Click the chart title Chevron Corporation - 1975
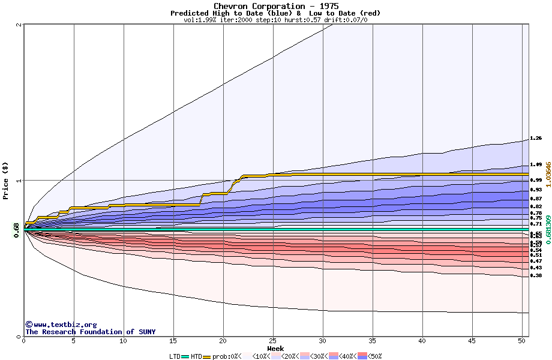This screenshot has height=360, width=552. (x=275, y=6)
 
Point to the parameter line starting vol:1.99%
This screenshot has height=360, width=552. (x=275, y=20)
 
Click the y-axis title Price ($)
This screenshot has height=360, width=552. (x=6, y=180)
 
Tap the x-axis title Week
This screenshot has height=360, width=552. (x=275, y=348)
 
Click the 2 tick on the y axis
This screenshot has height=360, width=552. (x=20, y=25)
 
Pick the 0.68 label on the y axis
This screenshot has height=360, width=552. (x=16, y=229)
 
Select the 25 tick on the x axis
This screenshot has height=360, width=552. (x=273, y=341)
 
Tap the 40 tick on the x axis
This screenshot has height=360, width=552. (x=422, y=341)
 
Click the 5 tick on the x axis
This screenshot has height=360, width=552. (x=74, y=341)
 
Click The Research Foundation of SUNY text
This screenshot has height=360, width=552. (x=90, y=332)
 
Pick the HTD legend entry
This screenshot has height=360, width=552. (x=196, y=356)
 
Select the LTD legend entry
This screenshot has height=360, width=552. (x=175, y=356)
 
